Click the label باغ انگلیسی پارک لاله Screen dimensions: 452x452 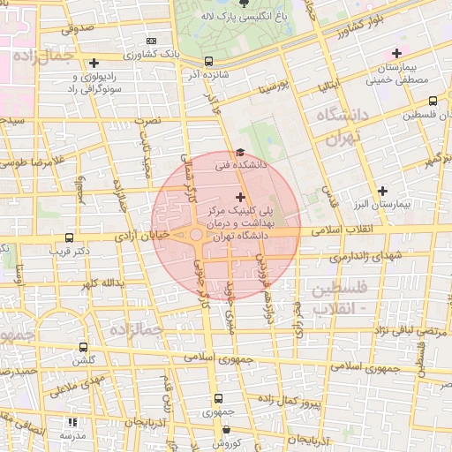pos(260,15)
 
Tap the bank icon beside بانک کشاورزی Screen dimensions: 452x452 pos(151,41)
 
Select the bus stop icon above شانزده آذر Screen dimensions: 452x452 pos(208,61)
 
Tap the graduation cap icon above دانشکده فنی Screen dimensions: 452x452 pos(240,153)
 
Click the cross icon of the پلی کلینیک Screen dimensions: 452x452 pos(240,196)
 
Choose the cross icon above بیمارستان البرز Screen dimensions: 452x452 pos(382,191)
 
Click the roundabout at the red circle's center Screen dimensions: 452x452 pos(195,236)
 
